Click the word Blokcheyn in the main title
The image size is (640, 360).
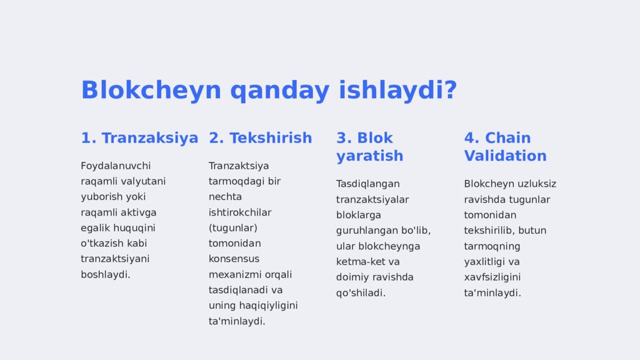coord(151,90)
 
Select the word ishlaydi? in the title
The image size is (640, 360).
coord(397,90)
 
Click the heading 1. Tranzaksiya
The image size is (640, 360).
coord(139,138)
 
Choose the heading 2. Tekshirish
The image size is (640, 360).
coord(261,138)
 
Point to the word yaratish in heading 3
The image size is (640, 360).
coord(370,156)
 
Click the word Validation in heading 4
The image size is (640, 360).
coord(505,156)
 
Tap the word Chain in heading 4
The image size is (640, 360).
coord(507,138)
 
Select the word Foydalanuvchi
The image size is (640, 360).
coord(116,166)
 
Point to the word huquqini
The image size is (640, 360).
coord(134,228)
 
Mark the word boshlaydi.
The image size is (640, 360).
coord(106,275)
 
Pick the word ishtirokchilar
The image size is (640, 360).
coord(240,212)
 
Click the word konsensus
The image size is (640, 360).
coord(234,259)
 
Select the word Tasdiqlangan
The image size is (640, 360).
coord(367,184)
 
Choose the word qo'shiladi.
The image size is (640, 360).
coord(361,293)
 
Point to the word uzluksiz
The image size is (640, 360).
coord(537,184)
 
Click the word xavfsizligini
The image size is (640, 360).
coord(492,277)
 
